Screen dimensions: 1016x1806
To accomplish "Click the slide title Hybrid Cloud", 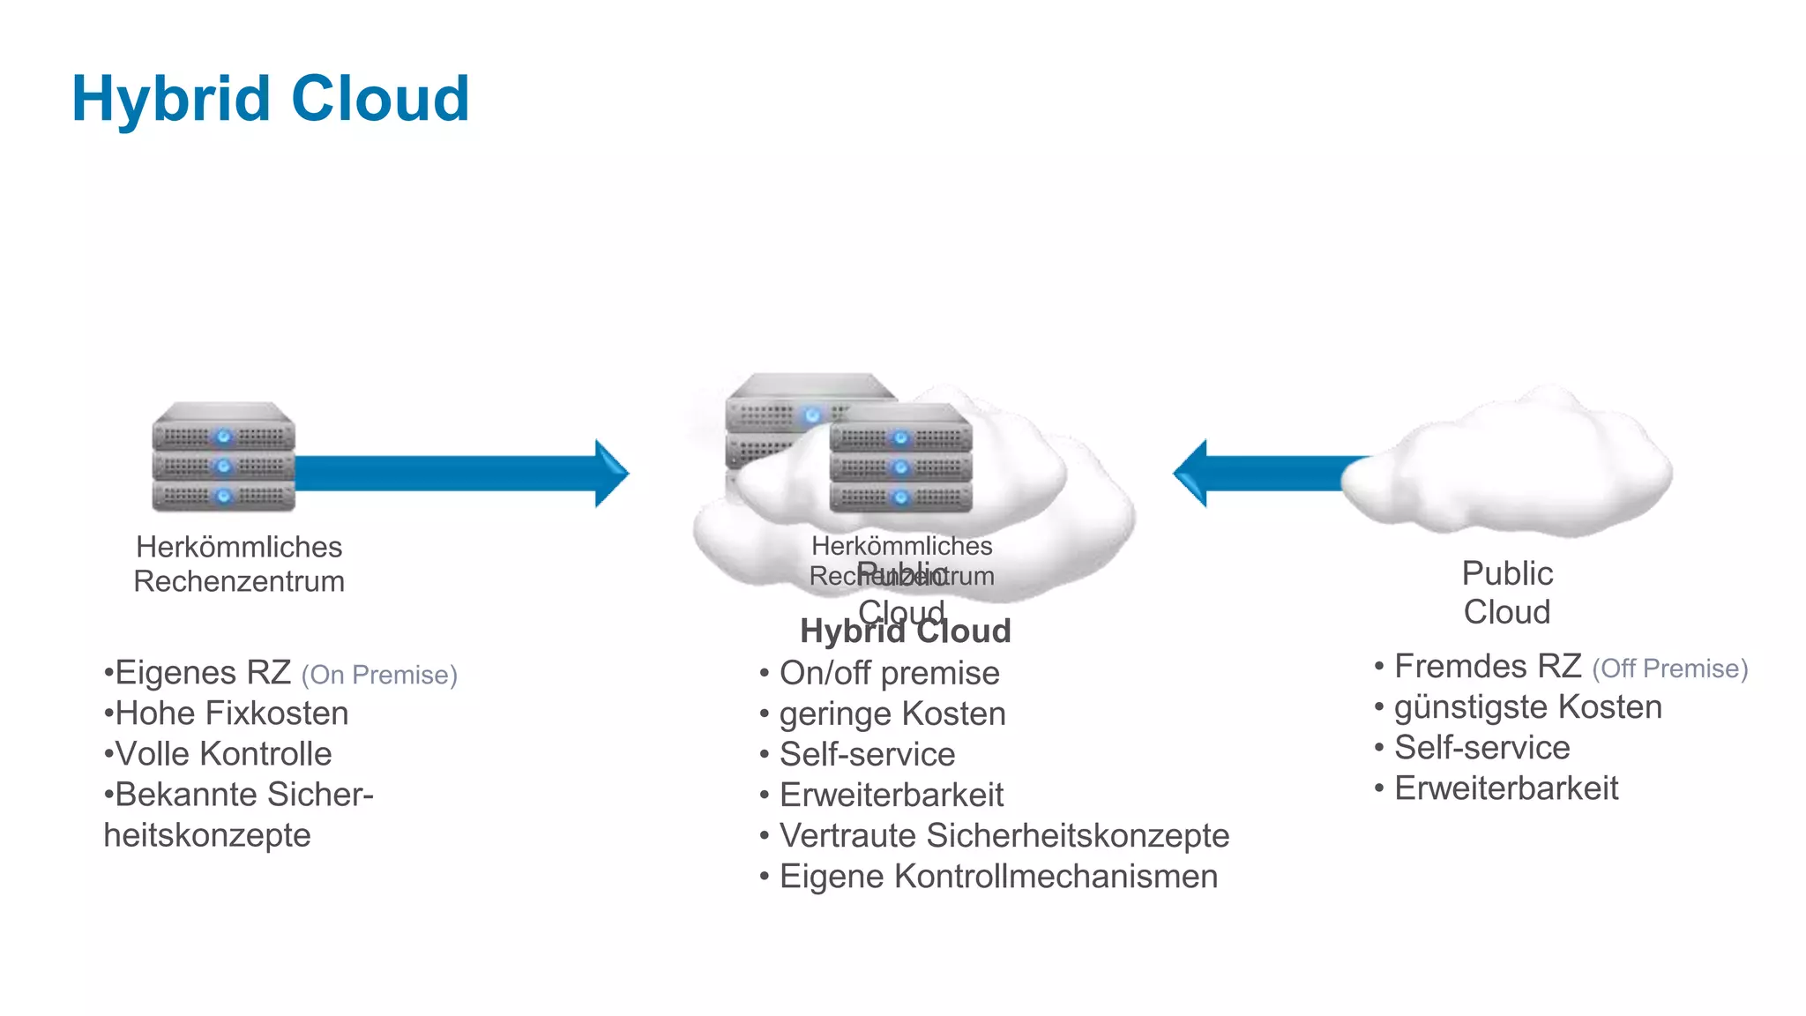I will [x=270, y=98].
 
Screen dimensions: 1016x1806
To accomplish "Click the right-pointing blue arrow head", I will [x=610, y=474].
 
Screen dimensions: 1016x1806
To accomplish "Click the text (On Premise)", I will [x=379, y=676].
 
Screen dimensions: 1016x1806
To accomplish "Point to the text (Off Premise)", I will [x=1669, y=669].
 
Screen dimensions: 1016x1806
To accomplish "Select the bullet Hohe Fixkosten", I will [x=231, y=713].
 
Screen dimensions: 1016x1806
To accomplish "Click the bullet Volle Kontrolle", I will [x=223, y=754].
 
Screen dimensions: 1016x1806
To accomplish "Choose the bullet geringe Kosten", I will [x=892, y=714].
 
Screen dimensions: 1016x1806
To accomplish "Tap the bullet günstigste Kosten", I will [x=1527, y=707].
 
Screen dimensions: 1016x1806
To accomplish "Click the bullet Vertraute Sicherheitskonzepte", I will [x=1004, y=836].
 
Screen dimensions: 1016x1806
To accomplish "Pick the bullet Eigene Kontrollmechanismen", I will [x=998, y=877].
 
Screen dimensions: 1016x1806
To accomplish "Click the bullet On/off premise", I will [x=889, y=674].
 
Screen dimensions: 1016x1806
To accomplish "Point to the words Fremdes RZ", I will [x=1488, y=667].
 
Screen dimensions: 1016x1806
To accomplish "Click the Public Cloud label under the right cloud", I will [x=1507, y=593].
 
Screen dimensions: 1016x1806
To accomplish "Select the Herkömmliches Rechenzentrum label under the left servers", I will [x=239, y=564].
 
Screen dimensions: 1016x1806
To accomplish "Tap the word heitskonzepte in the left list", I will [x=207, y=835].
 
